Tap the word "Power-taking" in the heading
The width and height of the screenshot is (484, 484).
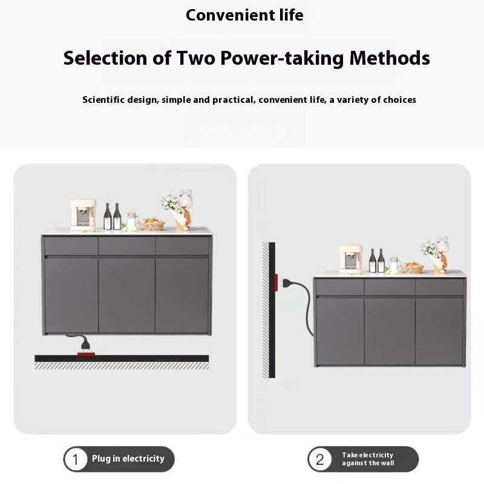(282, 58)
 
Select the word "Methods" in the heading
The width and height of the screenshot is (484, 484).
(390, 57)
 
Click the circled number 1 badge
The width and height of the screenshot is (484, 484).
(75, 459)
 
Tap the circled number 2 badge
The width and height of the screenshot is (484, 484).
(320, 459)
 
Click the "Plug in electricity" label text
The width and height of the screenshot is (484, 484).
(128, 459)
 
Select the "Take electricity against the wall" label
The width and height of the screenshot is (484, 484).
(368, 459)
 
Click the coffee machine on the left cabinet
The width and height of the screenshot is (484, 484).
(83, 215)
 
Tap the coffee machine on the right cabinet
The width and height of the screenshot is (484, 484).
(350, 259)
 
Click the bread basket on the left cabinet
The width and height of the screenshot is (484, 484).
(152, 224)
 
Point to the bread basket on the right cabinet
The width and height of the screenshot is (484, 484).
(413, 267)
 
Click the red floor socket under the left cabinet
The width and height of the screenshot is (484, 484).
(86, 354)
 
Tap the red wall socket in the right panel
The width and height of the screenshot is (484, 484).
(276, 282)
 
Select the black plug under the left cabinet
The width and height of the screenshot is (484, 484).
(85, 344)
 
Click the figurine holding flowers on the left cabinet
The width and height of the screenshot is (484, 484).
(179, 211)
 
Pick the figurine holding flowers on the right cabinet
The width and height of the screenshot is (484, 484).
(436, 255)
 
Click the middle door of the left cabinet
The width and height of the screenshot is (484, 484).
(126, 295)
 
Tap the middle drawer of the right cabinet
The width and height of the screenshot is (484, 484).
(390, 287)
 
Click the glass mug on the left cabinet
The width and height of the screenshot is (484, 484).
(132, 221)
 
